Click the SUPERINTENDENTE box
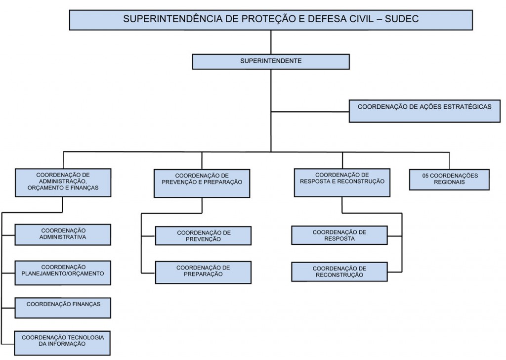click(x=270, y=61)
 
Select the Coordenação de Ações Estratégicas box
click(x=425, y=111)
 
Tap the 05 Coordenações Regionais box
click(x=450, y=179)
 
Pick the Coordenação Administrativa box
click(x=63, y=234)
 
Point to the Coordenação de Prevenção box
click(x=203, y=236)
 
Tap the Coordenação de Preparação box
click(x=203, y=272)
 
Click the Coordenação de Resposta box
click(x=339, y=235)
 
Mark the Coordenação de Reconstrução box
click(x=339, y=272)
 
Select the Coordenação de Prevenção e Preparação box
click(x=202, y=183)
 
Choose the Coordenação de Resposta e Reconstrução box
click(x=342, y=182)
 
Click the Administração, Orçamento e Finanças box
click(x=63, y=182)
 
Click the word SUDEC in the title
click(x=402, y=19)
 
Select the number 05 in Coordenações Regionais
click(x=426, y=176)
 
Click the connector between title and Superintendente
click(x=271, y=42)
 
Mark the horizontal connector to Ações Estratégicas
click(x=310, y=112)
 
